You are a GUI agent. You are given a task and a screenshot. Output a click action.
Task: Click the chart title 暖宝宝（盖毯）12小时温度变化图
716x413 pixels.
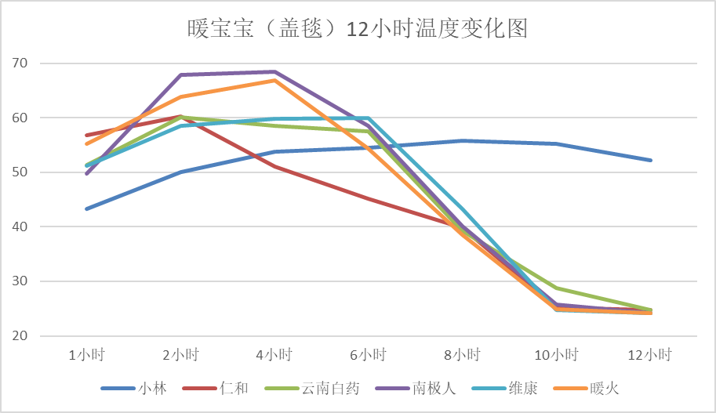pos(358,30)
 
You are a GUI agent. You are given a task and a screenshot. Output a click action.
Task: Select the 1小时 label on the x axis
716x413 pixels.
pos(86,355)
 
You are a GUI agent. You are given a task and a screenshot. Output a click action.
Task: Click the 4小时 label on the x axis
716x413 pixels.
pos(274,355)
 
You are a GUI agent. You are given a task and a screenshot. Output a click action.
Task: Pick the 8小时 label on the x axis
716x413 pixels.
pos(463,355)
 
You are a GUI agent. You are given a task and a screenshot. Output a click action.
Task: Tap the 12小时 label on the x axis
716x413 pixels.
pos(651,355)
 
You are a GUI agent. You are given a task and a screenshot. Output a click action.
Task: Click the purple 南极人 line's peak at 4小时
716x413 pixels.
pos(274,72)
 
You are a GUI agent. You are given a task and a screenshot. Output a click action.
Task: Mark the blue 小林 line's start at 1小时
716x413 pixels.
pos(86,209)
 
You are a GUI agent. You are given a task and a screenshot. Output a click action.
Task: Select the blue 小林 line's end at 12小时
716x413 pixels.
pos(651,161)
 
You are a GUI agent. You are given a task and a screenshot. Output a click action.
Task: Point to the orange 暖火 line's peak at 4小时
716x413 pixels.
pos(274,80)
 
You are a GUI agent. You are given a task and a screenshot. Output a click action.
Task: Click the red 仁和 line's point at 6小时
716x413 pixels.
pos(369,198)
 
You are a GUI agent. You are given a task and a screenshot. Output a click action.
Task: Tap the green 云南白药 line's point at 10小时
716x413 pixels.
pos(557,288)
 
